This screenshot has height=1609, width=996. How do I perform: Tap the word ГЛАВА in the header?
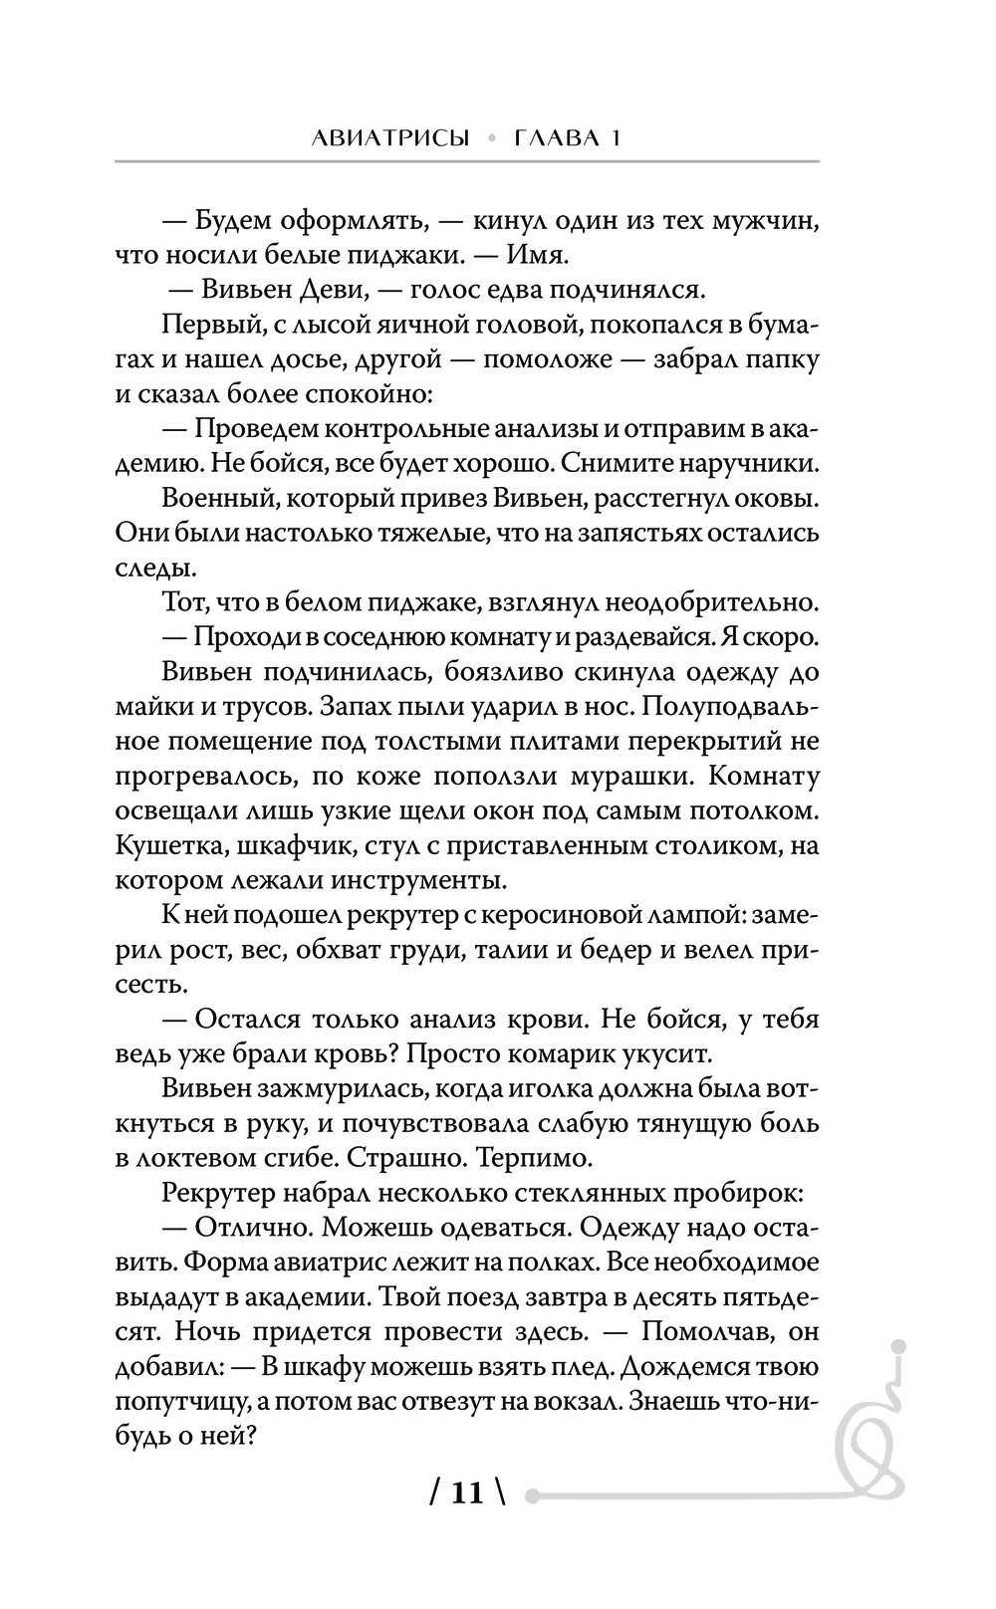tap(553, 138)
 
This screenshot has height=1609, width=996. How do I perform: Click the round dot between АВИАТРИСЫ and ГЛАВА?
tap(491, 139)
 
